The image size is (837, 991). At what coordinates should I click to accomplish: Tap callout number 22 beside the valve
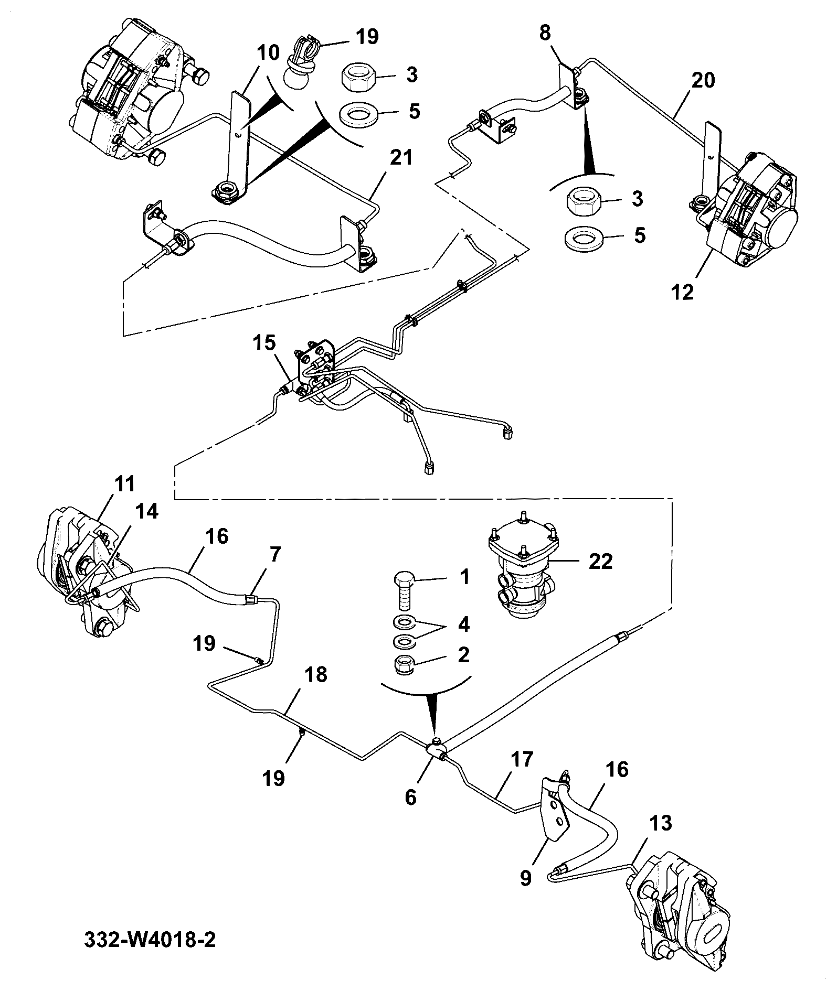[x=600, y=562]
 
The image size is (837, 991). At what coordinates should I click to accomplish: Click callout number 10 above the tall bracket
[x=269, y=52]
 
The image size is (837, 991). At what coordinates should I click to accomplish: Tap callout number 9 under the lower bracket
[x=526, y=877]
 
